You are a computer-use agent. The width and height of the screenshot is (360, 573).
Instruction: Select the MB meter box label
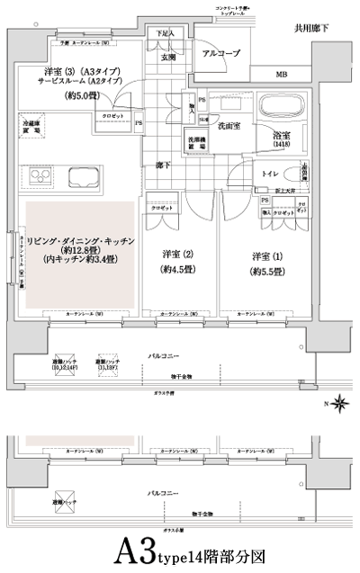[x=282, y=76]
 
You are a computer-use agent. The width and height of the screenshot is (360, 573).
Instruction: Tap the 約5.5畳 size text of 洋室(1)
[x=268, y=271]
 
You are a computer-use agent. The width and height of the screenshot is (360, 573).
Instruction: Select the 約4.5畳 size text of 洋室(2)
[x=175, y=269]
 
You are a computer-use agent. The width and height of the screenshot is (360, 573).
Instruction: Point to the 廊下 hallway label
[x=161, y=166]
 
